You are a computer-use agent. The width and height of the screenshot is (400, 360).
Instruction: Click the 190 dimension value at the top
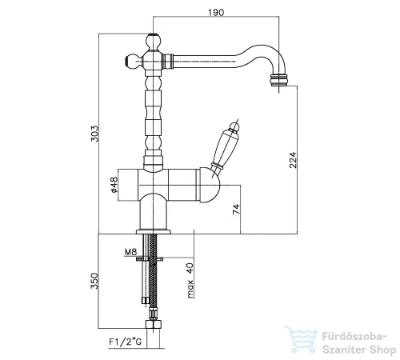[216, 13]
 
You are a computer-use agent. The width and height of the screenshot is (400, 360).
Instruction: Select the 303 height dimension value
[94, 134]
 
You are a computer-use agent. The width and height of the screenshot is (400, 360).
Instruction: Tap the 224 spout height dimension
[293, 160]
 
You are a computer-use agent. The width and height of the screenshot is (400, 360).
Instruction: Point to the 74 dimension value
[236, 209]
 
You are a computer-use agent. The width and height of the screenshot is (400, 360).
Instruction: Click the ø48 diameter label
[114, 184]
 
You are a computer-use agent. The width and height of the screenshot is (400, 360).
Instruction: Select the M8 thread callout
[130, 251]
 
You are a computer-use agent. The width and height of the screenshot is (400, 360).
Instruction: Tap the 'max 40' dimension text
[190, 281]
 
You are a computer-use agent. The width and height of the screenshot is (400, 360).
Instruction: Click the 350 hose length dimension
[94, 281]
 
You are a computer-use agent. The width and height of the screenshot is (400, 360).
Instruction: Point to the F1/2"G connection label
[125, 342]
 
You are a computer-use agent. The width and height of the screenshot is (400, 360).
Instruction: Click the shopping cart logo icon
[301, 339]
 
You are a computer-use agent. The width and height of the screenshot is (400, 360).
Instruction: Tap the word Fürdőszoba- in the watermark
[354, 337]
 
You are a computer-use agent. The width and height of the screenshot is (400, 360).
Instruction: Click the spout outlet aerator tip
[279, 80]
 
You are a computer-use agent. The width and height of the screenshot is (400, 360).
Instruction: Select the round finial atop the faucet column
[154, 42]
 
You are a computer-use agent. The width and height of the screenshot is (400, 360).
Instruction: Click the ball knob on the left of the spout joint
[133, 61]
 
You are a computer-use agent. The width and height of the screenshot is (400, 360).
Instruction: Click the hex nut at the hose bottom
[154, 324]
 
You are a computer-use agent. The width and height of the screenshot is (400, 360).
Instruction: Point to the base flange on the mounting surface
[154, 231]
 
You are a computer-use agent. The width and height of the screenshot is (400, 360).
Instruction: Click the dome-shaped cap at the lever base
[210, 185]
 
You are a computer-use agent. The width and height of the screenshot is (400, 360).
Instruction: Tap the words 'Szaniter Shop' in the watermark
[359, 350]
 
